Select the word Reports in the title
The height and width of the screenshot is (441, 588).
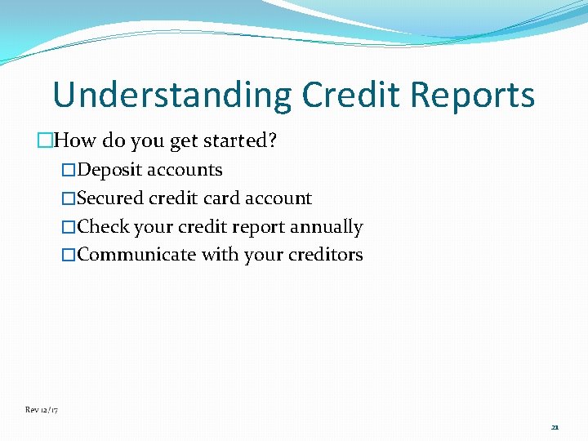[x=473, y=96]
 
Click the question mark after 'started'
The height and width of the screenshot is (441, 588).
[x=272, y=140]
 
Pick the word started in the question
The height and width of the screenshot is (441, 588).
[x=237, y=140]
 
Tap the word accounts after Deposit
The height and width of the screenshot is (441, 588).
[x=185, y=170]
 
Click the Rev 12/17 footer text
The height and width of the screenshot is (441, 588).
[x=41, y=409]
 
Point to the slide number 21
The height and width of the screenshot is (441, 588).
[x=555, y=427]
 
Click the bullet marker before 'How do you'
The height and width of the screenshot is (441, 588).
[x=45, y=141]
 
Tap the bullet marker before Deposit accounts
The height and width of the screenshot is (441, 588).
[x=69, y=171]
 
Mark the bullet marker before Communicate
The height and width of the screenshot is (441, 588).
[x=69, y=256]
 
